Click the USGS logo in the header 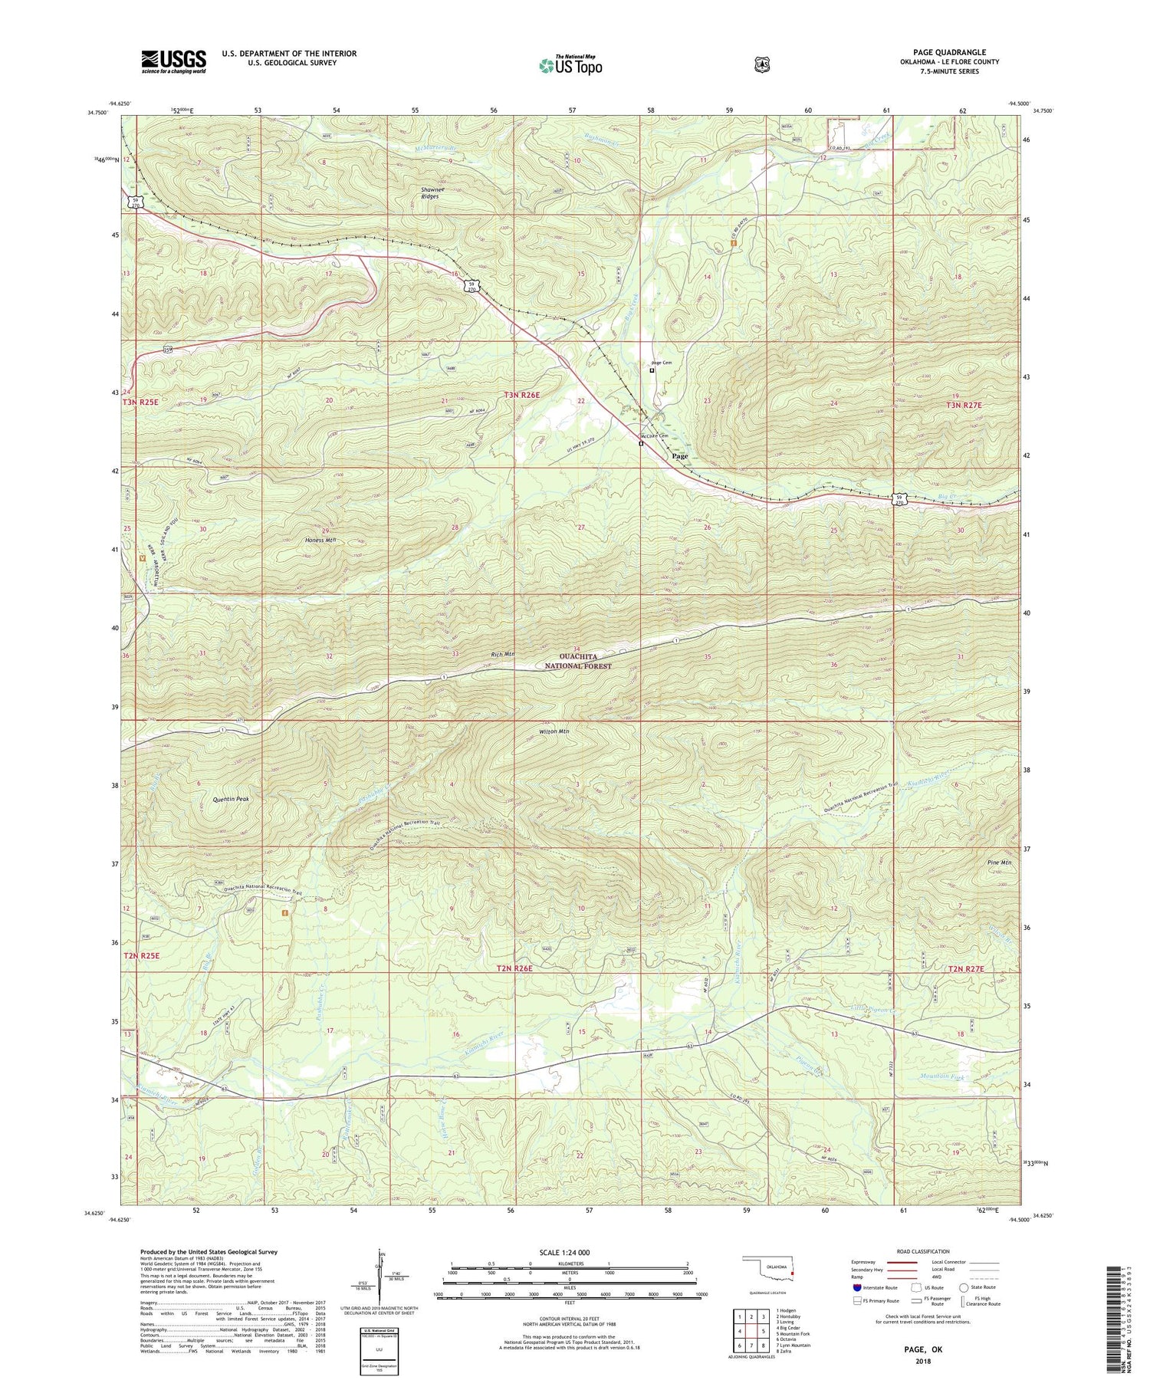(173, 61)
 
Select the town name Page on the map (679, 456)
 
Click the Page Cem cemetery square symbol (652, 370)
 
